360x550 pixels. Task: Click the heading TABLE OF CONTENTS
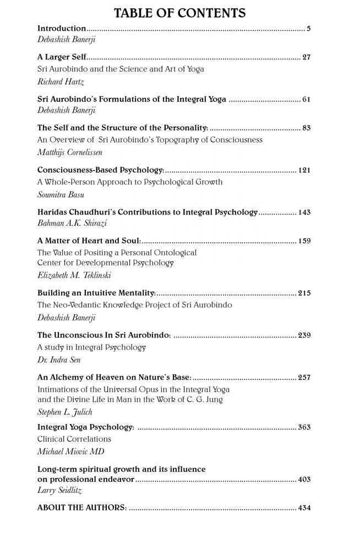180,13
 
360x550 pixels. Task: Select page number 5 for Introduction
309,28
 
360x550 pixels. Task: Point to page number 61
307,100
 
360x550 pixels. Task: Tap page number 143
304,212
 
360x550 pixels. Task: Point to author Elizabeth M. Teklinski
74,276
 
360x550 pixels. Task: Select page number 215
304,293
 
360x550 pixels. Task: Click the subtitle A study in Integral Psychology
91,347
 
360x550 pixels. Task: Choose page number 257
304,377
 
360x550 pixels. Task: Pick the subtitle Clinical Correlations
74,439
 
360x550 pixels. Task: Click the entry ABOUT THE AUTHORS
82,508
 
